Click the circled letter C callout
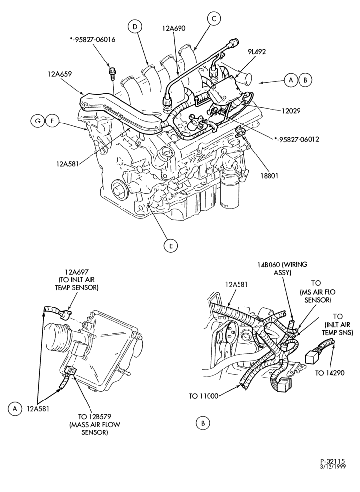click(x=214, y=19)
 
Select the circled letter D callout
click(x=135, y=27)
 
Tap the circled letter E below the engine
click(x=171, y=246)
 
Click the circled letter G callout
click(x=38, y=121)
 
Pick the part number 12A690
click(x=174, y=28)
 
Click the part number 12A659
click(x=60, y=74)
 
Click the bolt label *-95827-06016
click(x=92, y=40)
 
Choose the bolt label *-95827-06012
click(x=297, y=139)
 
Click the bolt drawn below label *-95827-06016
click(x=112, y=73)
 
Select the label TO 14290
click(x=330, y=373)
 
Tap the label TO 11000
click(x=204, y=396)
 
